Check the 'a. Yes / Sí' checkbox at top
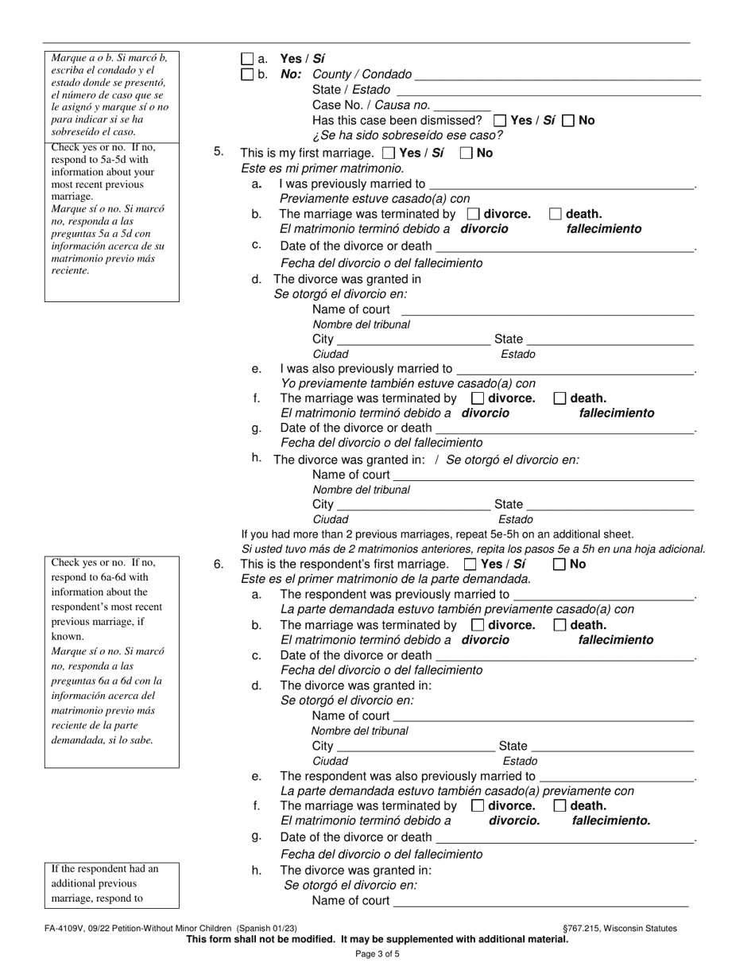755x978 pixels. [247, 59]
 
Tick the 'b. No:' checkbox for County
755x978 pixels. [247, 75]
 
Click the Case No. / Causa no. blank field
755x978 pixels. [463, 105]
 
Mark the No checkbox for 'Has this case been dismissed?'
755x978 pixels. [568, 121]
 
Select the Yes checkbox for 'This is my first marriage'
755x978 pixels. [389, 153]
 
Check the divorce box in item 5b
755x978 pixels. [473, 214]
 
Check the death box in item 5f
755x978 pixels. [559, 398]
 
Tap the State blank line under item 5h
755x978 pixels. [610, 504]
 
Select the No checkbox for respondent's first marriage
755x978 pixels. [559, 565]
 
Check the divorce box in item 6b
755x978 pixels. [478, 626]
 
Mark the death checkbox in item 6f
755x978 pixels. [559, 805]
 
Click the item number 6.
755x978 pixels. [219, 565]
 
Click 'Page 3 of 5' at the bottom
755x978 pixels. [377, 954]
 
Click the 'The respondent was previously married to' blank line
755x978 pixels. [603, 595]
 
